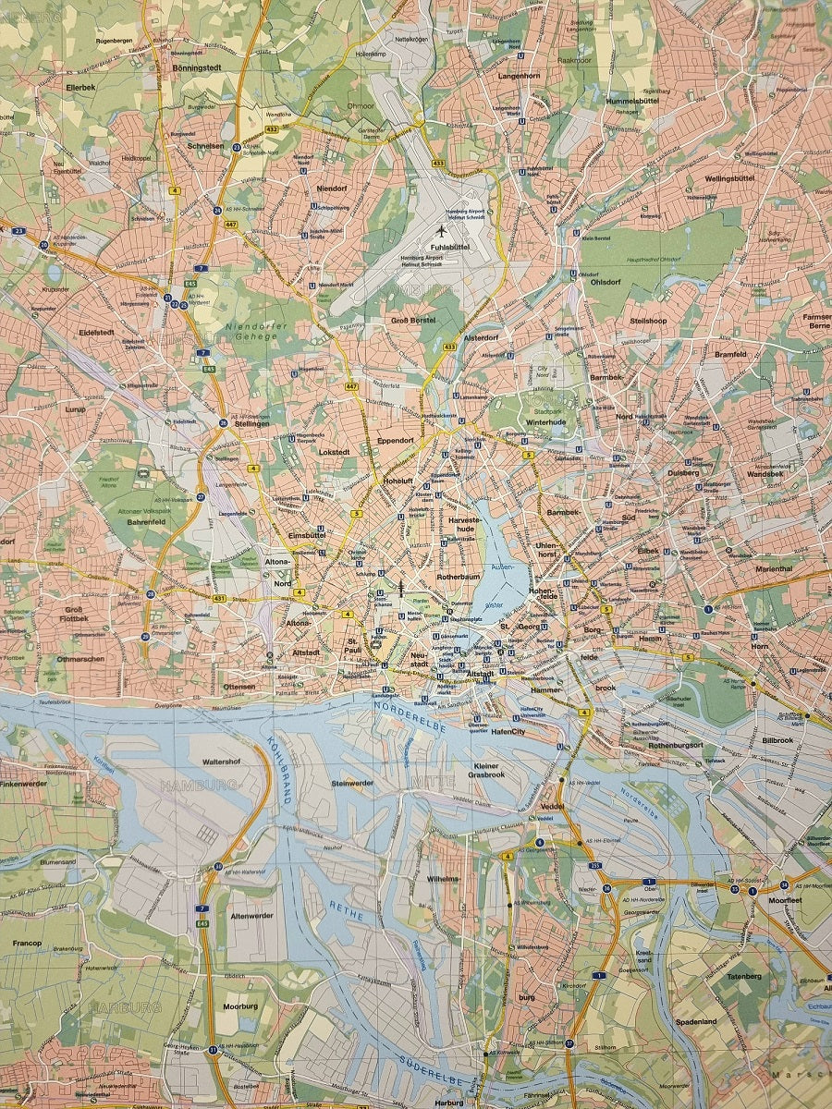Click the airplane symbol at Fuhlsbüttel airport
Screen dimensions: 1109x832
[x=441, y=231]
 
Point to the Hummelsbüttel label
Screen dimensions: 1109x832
[x=636, y=100]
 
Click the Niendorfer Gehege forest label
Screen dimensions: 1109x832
[x=256, y=331]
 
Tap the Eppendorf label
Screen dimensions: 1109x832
[x=396, y=441]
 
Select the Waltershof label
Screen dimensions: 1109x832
[x=221, y=762]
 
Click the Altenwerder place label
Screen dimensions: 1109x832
[x=251, y=915]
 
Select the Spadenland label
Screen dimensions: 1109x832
[x=696, y=1023]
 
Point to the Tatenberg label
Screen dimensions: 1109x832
[x=744, y=976]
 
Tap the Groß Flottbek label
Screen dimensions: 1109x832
[x=74, y=613]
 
